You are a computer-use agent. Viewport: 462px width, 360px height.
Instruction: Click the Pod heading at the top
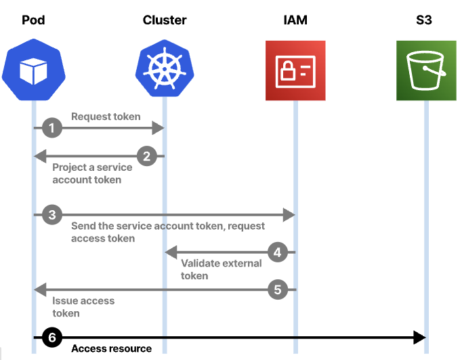(x=33, y=20)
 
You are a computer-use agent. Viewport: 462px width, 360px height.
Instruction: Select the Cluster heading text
(x=165, y=20)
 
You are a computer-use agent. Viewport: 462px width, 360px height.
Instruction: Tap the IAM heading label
(x=295, y=20)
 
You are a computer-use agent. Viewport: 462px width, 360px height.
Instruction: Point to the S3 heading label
(x=424, y=20)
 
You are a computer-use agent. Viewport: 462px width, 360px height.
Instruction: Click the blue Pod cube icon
(x=34, y=70)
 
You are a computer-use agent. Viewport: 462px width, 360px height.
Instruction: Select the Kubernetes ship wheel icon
(x=165, y=68)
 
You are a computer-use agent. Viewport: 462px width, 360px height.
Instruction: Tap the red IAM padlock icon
(x=295, y=71)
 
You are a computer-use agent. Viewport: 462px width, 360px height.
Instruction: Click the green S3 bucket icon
(x=426, y=71)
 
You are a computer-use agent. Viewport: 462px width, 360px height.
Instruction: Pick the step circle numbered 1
(x=52, y=128)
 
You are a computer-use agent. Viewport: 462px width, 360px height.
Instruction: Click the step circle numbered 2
(x=147, y=156)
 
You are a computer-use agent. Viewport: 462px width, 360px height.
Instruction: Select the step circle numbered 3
(x=52, y=215)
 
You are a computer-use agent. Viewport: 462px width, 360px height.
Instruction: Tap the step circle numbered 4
(x=278, y=252)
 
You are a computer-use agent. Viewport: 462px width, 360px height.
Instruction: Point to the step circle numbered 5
(x=278, y=289)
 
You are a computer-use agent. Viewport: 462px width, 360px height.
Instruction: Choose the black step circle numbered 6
(x=52, y=338)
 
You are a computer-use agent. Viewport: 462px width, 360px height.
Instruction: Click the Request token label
(x=106, y=117)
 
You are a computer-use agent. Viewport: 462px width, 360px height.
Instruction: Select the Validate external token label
(x=222, y=269)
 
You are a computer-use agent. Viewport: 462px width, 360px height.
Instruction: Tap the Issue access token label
(x=83, y=307)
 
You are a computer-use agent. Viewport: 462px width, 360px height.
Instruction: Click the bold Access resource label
(x=111, y=348)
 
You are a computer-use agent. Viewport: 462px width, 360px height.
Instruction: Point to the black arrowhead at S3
(x=419, y=338)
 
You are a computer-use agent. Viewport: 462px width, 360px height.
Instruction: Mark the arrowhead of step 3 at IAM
(x=289, y=215)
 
